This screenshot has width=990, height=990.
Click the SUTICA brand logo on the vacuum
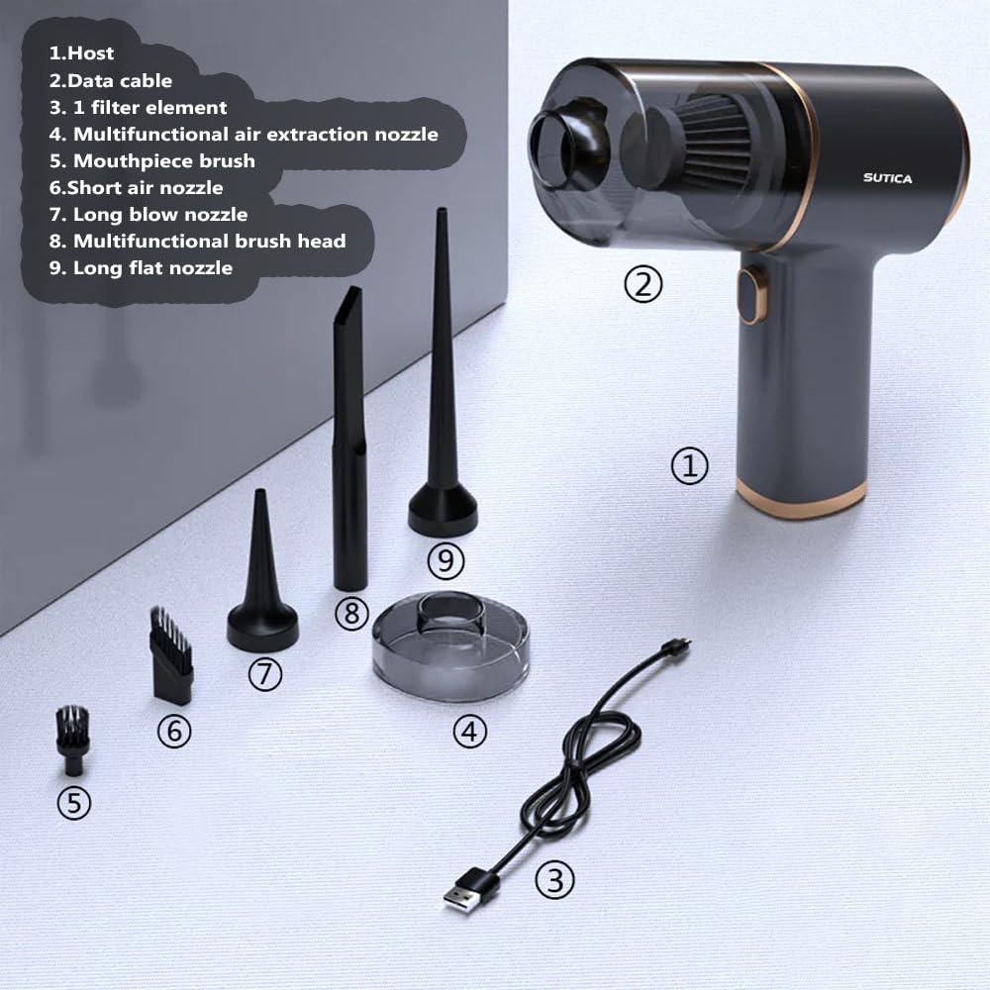[x=887, y=178]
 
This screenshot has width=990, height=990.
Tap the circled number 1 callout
[x=689, y=466]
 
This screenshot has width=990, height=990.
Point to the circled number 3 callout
[x=555, y=879]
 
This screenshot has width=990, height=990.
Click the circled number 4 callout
[x=469, y=732]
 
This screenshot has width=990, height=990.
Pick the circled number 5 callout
[x=74, y=803]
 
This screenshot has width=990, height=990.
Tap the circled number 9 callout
[x=445, y=560]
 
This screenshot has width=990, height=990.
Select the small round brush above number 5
[x=72, y=740]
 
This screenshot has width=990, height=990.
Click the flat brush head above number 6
[x=170, y=655]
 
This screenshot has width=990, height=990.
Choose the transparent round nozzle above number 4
[x=450, y=644]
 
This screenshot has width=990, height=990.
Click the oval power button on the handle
[x=751, y=295]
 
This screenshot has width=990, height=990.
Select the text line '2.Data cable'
[x=111, y=81]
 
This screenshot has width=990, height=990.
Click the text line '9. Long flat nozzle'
[x=141, y=268]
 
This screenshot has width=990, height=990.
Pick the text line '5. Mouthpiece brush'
[x=152, y=161]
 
